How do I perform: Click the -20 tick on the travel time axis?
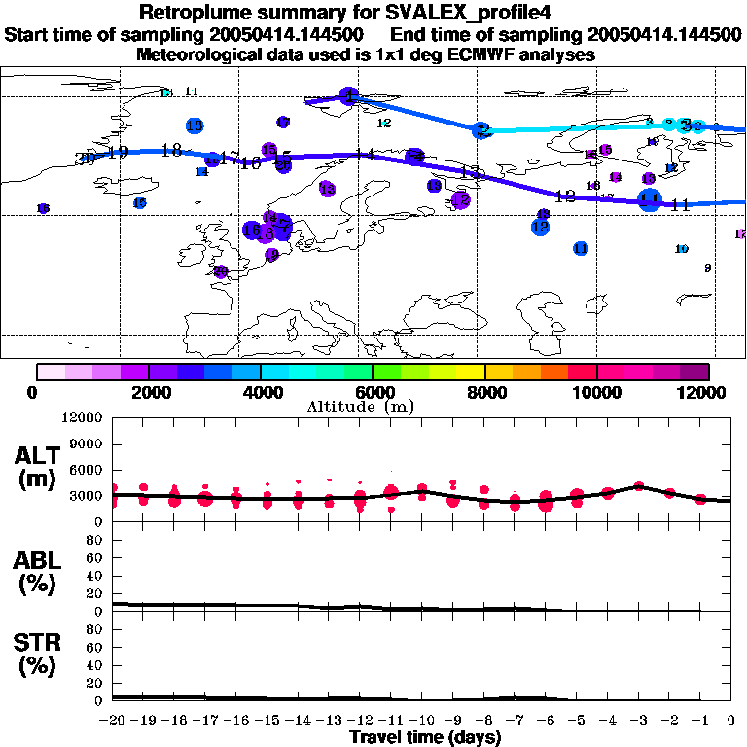[x=114, y=721]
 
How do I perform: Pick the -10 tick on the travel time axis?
[x=422, y=721]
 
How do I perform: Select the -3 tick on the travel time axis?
[x=638, y=721]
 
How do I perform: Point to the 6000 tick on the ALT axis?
[x=88, y=470]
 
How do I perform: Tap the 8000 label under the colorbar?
[x=484, y=392]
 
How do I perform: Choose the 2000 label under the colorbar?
[x=149, y=392]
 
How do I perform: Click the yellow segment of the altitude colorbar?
[x=471, y=372]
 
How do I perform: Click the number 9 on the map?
[x=707, y=268]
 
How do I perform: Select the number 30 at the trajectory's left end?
[x=86, y=159]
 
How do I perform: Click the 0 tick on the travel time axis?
[x=730, y=721]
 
